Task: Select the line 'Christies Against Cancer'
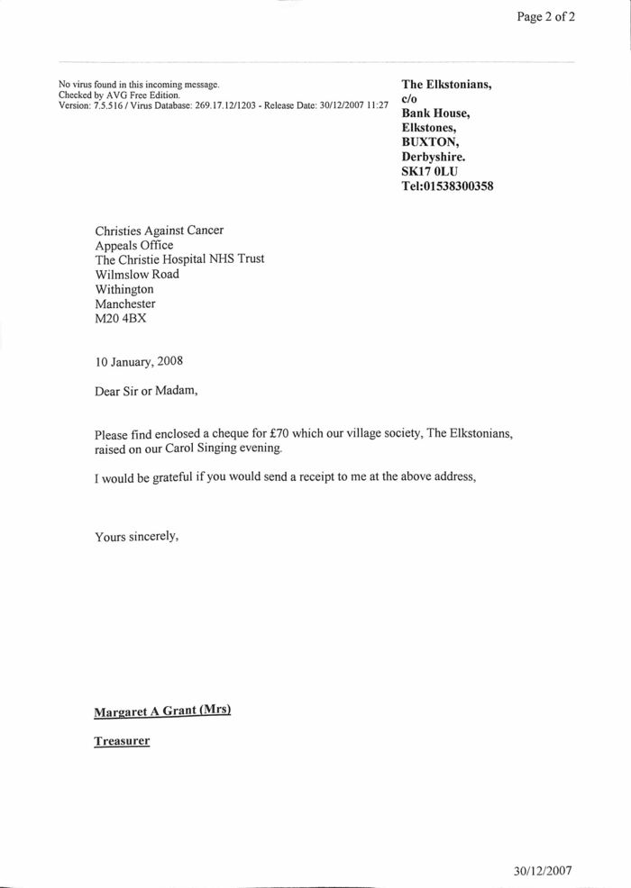click(x=160, y=231)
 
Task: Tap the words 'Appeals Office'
click(x=134, y=245)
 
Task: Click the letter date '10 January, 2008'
click(x=140, y=362)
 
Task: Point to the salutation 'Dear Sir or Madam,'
click(x=146, y=391)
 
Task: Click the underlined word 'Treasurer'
click(x=122, y=742)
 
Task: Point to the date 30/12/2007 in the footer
click(x=543, y=871)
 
